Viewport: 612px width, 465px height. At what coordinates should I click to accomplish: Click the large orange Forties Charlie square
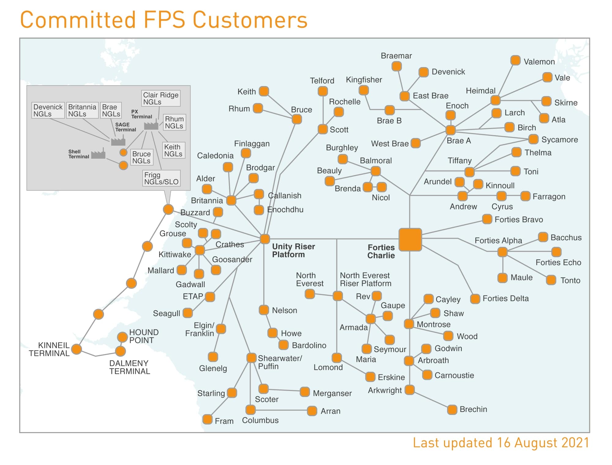(x=410, y=239)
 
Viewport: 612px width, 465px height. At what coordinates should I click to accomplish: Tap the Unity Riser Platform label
(x=293, y=250)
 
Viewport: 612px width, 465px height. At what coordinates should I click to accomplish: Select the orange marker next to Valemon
(x=515, y=60)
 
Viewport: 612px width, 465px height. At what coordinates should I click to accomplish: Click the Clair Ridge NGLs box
(x=161, y=98)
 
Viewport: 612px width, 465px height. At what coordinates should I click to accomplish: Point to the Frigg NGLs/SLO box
(x=161, y=178)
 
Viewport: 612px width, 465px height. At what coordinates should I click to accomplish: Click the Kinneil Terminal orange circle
(x=76, y=349)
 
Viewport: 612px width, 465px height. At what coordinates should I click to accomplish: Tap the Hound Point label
(x=144, y=336)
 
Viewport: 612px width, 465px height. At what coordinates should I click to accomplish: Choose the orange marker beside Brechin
(x=452, y=409)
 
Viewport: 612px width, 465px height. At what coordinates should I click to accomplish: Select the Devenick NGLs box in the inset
(x=48, y=110)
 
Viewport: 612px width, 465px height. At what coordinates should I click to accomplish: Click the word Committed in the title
(x=78, y=20)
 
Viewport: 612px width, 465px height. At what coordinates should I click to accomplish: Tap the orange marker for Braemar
(x=397, y=66)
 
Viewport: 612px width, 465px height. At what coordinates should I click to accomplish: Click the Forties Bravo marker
(x=487, y=219)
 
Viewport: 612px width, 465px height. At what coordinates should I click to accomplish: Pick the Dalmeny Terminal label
(x=129, y=367)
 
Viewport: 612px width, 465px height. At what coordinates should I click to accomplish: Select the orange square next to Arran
(x=312, y=411)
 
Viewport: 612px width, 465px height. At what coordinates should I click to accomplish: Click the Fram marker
(x=207, y=419)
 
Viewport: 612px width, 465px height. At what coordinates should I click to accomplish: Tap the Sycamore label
(x=559, y=140)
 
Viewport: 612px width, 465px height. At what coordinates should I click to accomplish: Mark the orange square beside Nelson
(x=264, y=310)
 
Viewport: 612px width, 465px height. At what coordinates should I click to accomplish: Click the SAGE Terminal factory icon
(x=118, y=141)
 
